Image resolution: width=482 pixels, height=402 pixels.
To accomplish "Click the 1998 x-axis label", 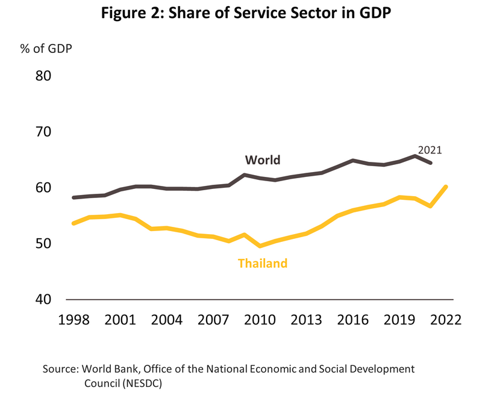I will [x=74, y=319].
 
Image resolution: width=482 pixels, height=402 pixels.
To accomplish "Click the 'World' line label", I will [x=263, y=160].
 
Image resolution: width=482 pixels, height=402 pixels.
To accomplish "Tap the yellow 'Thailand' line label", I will [x=263, y=263].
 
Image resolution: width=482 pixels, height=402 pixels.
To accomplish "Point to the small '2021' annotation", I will [x=430, y=150].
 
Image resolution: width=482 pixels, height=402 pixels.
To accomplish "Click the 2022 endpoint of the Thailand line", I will [x=445, y=187].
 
